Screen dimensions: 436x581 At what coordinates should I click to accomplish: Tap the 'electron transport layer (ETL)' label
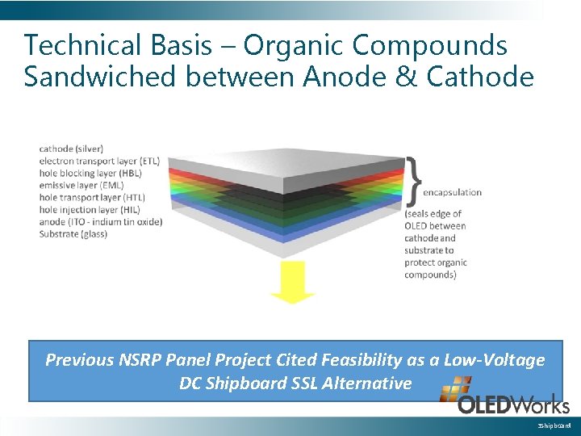click(x=98, y=161)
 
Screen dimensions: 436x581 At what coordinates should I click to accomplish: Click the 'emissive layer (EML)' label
click(x=80, y=185)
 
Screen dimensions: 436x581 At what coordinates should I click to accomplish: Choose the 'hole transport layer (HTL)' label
click(x=91, y=197)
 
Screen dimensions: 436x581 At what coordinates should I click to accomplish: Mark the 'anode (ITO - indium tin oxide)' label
click(x=100, y=221)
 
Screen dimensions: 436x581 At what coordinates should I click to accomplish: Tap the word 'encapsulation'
click(x=452, y=192)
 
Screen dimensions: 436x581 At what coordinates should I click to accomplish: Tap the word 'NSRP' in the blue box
click(x=149, y=360)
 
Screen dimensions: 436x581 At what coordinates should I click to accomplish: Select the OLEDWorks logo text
click(x=513, y=405)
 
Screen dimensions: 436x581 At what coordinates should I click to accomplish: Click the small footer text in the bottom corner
click(x=554, y=426)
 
